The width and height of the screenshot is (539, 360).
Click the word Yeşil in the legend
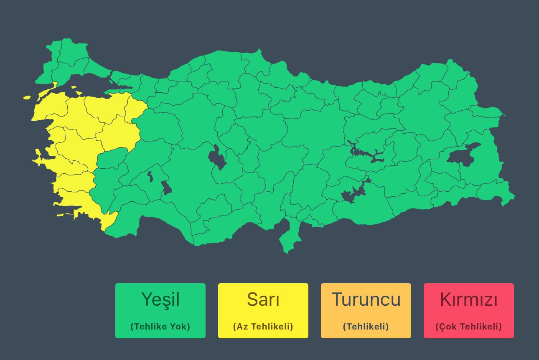click(160, 299)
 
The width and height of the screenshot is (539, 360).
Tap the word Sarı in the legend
click(263, 299)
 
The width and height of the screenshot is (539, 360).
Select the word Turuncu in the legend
click(366, 299)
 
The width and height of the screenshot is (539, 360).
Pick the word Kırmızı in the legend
click(469, 299)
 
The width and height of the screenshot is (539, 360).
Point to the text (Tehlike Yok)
click(160, 327)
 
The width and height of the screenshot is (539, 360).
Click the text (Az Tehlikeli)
click(263, 327)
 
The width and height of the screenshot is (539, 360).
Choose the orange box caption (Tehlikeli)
click(366, 327)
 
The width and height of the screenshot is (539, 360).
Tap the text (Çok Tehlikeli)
click(469, 327)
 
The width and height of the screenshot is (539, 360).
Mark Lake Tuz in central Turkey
click(217, 158)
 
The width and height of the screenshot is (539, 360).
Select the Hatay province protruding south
click(288, 238)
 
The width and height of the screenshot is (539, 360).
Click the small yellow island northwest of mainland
click(27, 98)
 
